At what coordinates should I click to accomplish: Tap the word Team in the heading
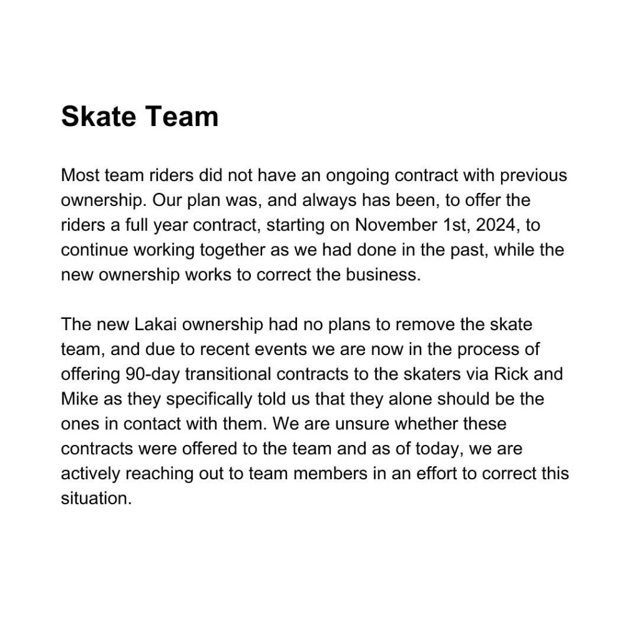coord(185,117)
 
